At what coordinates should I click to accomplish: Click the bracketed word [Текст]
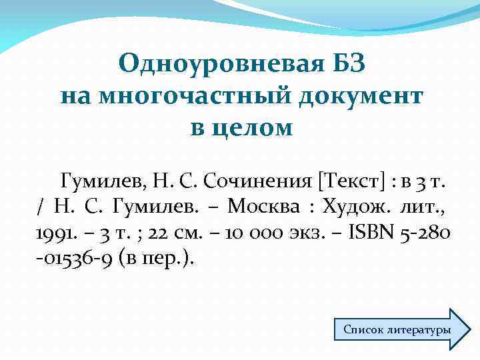click(352, 180)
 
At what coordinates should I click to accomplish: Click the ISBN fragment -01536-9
click(65, 259)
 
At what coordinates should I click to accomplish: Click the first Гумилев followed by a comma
click(97, 180)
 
